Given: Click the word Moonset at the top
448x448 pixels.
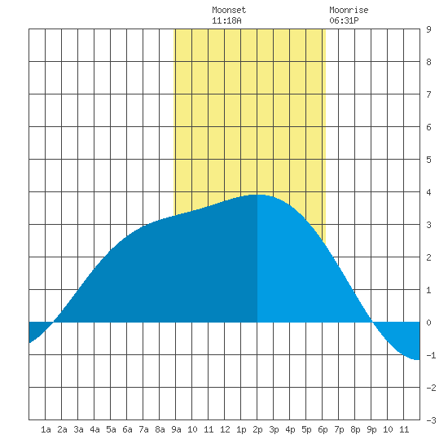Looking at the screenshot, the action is coord(229,10).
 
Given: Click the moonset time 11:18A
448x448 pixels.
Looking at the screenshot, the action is coord(226,20).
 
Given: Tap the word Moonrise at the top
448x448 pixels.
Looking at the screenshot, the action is coord(349,10).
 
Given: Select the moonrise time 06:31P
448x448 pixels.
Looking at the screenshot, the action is coord(344,20).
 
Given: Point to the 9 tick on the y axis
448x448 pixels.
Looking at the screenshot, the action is coord(428,29).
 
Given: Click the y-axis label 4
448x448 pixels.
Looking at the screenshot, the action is coord(428,192).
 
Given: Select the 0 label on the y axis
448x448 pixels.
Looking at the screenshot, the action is coord(428,323).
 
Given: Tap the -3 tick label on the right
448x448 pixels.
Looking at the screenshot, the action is coord(431,420).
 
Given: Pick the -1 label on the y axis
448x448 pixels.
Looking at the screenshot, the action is coord(431,355).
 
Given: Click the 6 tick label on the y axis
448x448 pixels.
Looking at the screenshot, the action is coord(428,127).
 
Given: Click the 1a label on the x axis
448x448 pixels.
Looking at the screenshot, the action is coord(46,429).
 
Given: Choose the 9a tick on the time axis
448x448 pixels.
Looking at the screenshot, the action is coord(176,429).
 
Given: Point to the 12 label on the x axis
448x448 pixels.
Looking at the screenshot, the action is coord(225,429).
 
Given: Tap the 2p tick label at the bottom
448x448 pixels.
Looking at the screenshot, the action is coord(257,429).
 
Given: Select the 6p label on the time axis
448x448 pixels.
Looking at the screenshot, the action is coord(323,429).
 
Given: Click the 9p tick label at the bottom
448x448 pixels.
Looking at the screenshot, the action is coord(371,429).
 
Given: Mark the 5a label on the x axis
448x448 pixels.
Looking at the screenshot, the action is coord(111,429).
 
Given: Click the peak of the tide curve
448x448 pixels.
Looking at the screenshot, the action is coord(257,195).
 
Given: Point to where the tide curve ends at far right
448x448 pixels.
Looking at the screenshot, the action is coord(419,360).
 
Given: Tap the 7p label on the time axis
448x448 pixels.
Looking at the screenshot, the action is coord(339,429).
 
